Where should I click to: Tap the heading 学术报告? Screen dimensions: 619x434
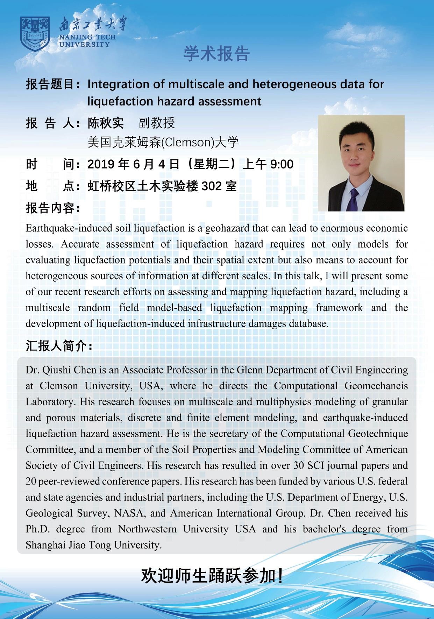tap(216, 54)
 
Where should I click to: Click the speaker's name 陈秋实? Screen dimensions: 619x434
tap(106, 123)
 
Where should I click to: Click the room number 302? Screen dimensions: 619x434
tap(212, 186)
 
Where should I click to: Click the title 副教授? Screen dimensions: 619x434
tap(157, 123)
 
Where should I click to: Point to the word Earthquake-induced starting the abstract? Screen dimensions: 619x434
tap(69, 228)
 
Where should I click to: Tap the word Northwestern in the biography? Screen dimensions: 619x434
tap(147, 529)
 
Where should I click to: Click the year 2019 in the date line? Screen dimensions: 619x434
tap(101, 164)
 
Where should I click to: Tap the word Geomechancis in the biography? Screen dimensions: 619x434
tap(376, 386)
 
